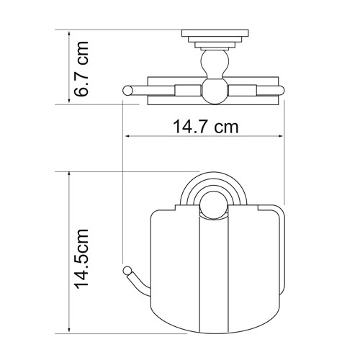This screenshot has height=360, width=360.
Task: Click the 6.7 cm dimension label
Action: [81, 69]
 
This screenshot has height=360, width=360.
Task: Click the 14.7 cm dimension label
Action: [205, 127]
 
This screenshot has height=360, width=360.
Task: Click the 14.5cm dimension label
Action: [81, 258]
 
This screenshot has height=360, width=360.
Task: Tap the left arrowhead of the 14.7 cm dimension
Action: [127, 136]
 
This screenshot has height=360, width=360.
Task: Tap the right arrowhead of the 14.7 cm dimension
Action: [280, 136]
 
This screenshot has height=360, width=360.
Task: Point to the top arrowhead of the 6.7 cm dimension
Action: [69, 34]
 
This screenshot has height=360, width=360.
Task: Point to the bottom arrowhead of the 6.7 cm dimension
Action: [69, 100]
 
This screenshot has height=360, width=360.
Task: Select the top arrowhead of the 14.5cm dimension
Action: [69, 175]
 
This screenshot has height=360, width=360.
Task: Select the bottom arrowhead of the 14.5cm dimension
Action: [69, 330]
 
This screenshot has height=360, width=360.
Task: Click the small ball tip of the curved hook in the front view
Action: [127, 270]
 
